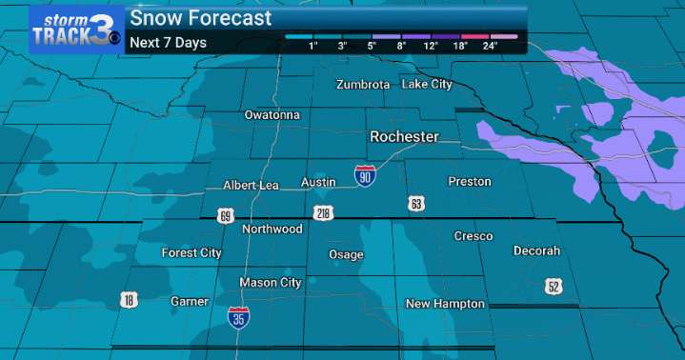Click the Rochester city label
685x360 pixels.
click(404, 137)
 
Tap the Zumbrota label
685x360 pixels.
click(363, 85)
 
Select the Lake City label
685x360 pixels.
click(426, 85)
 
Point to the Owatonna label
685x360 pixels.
click(272, 115)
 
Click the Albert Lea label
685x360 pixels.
click(251, 185)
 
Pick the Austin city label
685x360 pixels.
click(318, 181)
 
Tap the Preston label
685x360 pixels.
click(470, 181)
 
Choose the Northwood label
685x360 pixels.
click(272, 230)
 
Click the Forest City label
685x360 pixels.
click(191, 253)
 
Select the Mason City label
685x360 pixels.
click(271, 283)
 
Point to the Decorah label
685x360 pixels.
click(536, 251)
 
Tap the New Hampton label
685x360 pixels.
click(445, 304)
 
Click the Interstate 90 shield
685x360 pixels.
click(364, 176)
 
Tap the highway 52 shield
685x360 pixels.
click(554, 286)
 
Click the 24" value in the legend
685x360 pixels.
click(490, 45)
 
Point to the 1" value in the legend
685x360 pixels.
click(313, 45)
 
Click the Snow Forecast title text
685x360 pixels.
click(200, 18)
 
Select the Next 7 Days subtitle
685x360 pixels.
click(168, 42)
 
